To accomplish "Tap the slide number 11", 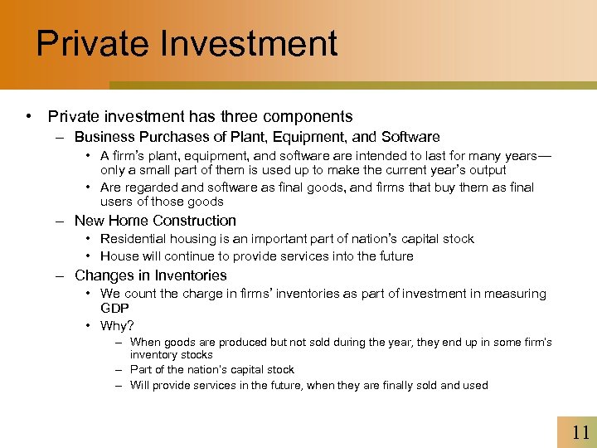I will [x=580, y=431].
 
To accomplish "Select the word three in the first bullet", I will [x=247, y=117].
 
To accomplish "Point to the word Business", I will [x=104, y=137].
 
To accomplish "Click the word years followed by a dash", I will [x=529, y=156].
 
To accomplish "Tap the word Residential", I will [x=133, y=239].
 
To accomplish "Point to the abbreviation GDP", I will [x=115, y=307].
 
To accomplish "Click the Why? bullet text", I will [x=117, y=326].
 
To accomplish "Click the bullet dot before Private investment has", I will [x=29, y=117].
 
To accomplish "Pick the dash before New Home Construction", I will [x=61, y=221].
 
